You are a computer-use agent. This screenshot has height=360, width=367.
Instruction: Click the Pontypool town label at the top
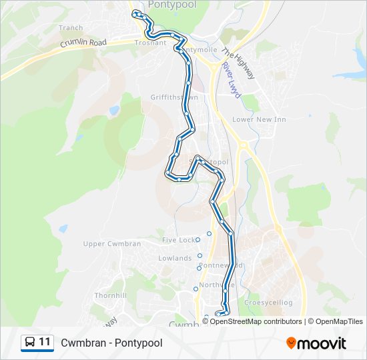point(171,5)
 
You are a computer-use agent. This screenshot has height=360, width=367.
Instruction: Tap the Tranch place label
point(71,28)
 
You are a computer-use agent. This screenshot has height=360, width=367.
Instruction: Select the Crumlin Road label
point(83,43)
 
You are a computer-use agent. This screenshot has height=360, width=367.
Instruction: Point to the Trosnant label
point(150,43)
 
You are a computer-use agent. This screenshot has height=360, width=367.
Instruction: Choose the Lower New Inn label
point(259,119)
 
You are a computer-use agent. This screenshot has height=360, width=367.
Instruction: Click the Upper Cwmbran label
point(111,244)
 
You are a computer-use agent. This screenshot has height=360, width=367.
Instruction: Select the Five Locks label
point(178,240)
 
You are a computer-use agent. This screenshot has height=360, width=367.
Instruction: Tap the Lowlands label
point(175,259)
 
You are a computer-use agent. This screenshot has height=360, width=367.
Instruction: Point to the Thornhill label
point(110,295)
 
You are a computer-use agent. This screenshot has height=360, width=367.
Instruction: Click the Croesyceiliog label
point(268,303)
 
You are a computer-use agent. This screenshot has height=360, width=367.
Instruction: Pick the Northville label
point(217,285)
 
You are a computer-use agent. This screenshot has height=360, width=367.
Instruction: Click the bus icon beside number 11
point(30,343)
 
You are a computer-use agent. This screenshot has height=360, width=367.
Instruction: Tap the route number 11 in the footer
point(45,342)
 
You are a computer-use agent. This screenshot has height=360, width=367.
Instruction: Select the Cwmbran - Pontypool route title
point(111,343)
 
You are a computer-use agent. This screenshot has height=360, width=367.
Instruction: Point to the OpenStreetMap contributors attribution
point(256,321)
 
